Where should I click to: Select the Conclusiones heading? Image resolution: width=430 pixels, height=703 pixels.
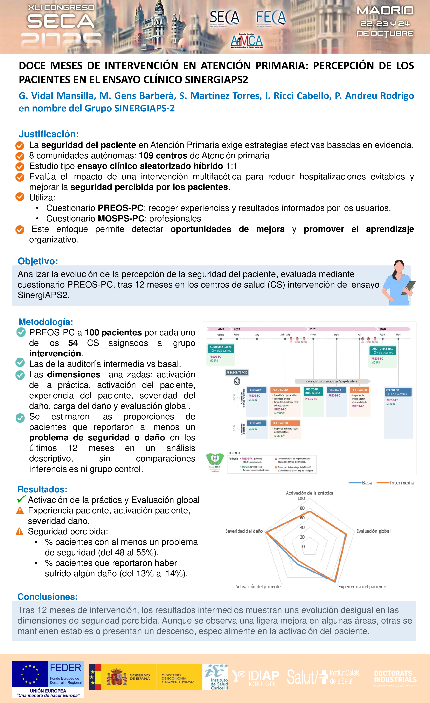(x=48, y=597)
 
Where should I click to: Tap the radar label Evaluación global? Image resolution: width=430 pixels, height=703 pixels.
(x=373, y=531)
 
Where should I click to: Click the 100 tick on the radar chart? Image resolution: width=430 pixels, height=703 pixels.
(x=301, y=498)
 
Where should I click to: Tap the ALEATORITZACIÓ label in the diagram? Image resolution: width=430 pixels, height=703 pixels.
(x=237, y=372)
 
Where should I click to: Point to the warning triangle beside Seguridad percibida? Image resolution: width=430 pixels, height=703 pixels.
(x=19, y=532)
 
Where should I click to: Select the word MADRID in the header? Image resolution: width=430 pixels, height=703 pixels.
(x=385, y=11)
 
